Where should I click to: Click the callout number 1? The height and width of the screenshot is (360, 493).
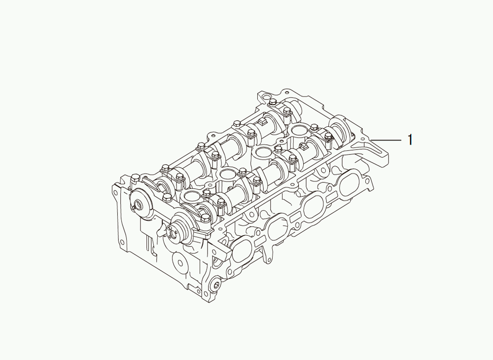click(x=410, y=140)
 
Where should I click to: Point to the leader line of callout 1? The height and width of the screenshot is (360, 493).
click(x=386, y=139)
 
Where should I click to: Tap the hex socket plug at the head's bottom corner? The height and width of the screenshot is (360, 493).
click(x=216, y=285)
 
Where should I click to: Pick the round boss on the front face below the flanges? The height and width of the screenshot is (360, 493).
click(x=180, y=261)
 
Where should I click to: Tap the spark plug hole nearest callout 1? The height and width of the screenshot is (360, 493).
click(x=297, y=129)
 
